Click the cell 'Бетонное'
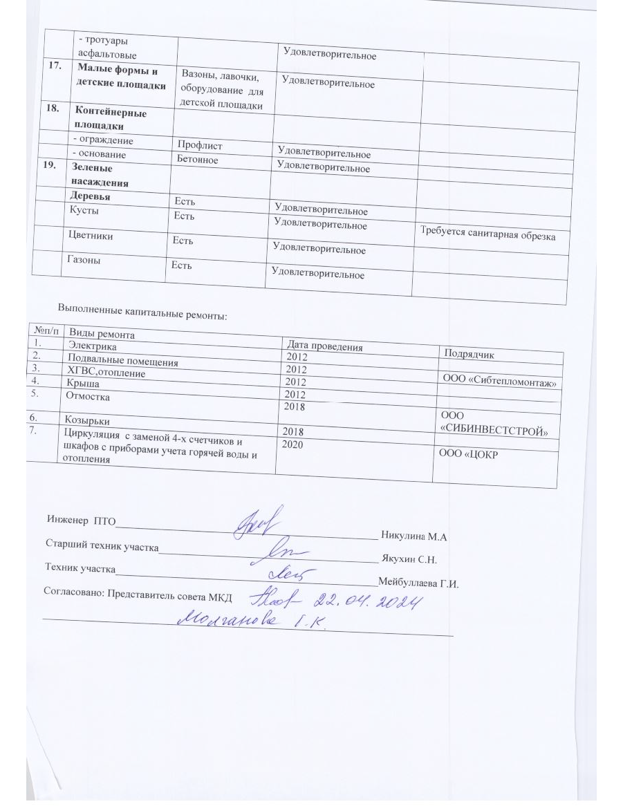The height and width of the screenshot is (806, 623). (x=198, y=160)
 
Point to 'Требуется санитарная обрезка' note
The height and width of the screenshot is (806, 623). (x=488, y=235)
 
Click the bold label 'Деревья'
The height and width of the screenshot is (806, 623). (x=88, y=197)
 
